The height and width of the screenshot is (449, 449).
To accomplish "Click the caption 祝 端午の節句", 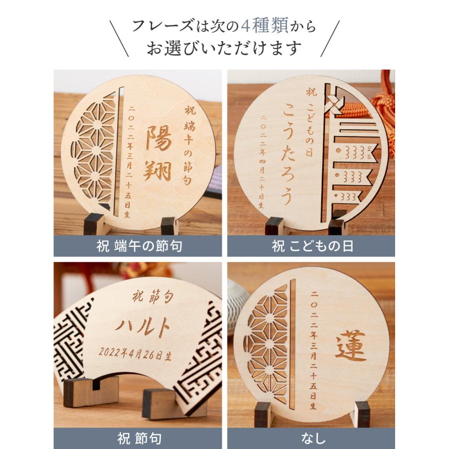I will point(138,246).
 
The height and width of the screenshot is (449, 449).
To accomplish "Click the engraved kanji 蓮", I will point(350,346).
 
